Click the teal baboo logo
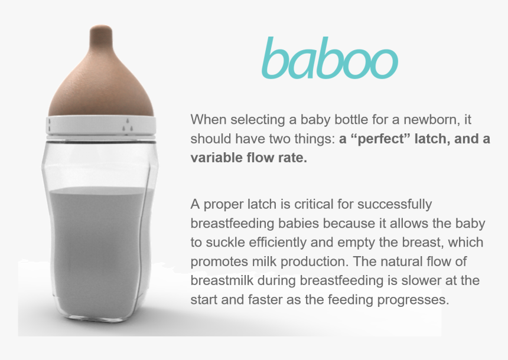pyautogui.click(x=329, y=59)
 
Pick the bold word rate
pyautogui.click(x=292, y=158)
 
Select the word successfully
pyautogui.click(x=402, y=204)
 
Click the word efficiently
pyautogui.click(x=278, y=243)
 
